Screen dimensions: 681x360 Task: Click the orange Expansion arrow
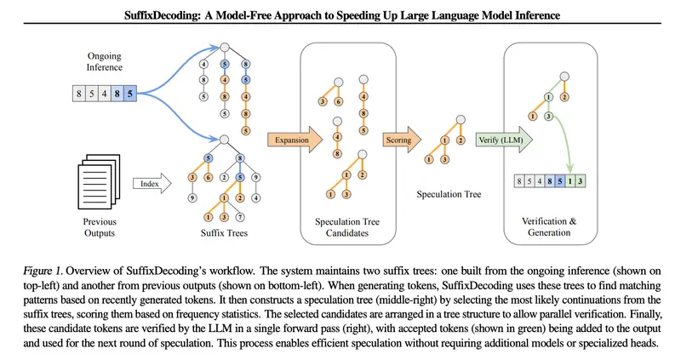click(x=295, y=140)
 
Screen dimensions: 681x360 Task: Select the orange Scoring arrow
click(x=402, y=140)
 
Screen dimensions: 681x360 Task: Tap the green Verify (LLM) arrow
click(x=504, y=140)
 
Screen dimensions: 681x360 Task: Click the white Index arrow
click(x=152, y=183)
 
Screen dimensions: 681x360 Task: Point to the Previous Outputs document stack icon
click(x=99, y=181)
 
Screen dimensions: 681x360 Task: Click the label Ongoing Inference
click(x=104, y=61)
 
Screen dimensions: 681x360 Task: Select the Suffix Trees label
click(x=224, y=232)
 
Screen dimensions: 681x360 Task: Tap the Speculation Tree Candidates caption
click(x=347, y=227)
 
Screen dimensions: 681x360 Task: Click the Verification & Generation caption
click(x=549, y=226)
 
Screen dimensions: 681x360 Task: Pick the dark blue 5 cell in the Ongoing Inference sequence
click(x=130, y=94)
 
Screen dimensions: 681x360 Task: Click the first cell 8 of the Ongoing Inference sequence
click(x=79, y=94)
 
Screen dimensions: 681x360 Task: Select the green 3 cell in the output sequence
click(x=580, y=180)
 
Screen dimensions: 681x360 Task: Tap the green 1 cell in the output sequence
click(x=569, y=180)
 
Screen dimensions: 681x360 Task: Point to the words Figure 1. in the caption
click(x=43, y=271)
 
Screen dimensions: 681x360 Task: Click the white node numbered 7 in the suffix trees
click(x=239, y=217)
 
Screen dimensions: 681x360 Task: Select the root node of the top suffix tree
click(x=224, y=48)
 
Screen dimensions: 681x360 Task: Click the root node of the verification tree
click(x=564, y=77)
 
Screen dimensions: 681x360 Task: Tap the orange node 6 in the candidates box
click(x=338, y=101)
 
